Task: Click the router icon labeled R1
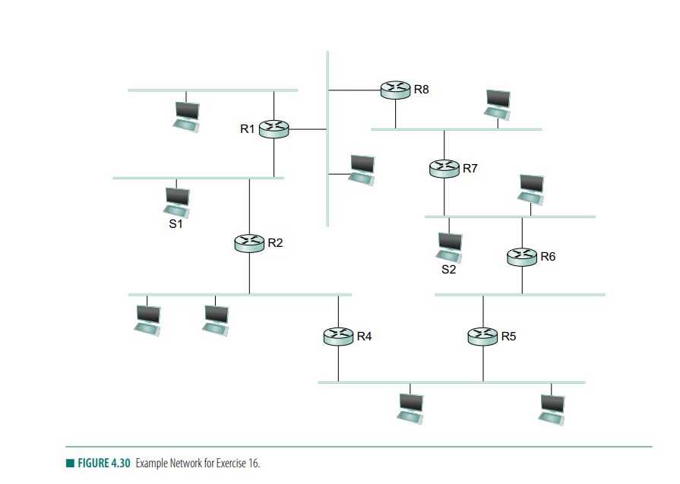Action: (274, 129)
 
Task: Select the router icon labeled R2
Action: (250, 243)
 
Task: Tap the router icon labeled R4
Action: (339, 335)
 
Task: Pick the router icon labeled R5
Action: (482, 335)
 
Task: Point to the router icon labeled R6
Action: (522, 257)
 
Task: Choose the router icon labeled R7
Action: (444, 168)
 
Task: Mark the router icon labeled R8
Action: (396, 90)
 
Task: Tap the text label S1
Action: (176, 224)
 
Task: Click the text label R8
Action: (421, 90)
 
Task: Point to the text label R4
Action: (364, 336)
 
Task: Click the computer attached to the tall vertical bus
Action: (362, 168)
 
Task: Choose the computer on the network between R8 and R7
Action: (498, 104)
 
